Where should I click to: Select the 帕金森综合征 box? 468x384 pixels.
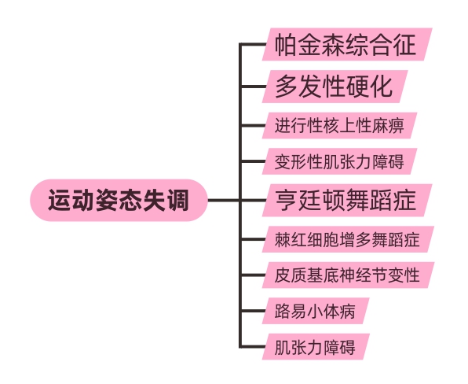pyautogui.click(x=346, y=45)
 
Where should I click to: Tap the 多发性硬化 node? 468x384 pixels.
pyautogui.click(x=334, y=85)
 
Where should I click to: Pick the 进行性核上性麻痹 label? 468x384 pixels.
pyautogui.click(x=338, y=125)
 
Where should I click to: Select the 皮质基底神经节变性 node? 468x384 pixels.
pyautogui.click(x=346, y=275)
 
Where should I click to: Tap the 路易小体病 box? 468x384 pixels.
pyautogui.click(x=315, y=312)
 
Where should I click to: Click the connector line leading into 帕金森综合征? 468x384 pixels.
pyautogui.click(x=253, y=45)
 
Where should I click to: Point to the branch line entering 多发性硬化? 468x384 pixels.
pyautogui.click(x=253, y=85)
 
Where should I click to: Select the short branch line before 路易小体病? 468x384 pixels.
pyautogui.click(x=253, y=312)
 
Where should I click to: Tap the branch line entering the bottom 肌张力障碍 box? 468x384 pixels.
pyautogui.click(x=253, y=346)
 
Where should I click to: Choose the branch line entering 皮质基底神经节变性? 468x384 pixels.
pyautogui.click(x=253, y=275)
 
